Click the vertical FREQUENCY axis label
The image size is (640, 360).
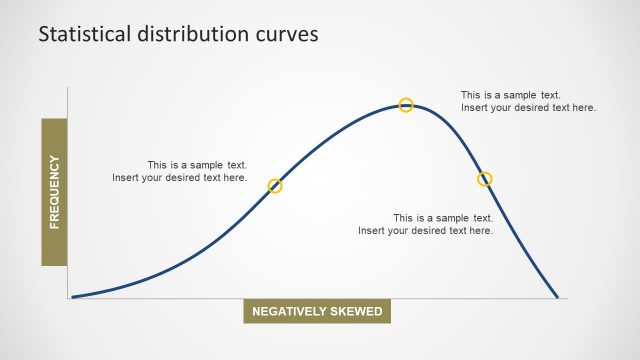[54, 192]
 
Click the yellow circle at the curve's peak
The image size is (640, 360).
[406, 105]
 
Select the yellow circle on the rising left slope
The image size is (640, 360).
[276, 186]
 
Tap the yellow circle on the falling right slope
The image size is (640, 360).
[485, 179]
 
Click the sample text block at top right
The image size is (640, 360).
[528, 101]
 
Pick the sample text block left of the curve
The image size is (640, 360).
[180, 171]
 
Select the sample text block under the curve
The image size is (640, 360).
[426, 224]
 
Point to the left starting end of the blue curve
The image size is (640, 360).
[73, 296]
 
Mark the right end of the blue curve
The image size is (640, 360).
[557, 297]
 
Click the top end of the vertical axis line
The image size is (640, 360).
[68, 88]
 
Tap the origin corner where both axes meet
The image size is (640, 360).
[68, 298]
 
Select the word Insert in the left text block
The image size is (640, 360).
[126, 178]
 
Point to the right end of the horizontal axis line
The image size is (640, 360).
[568, 298]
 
